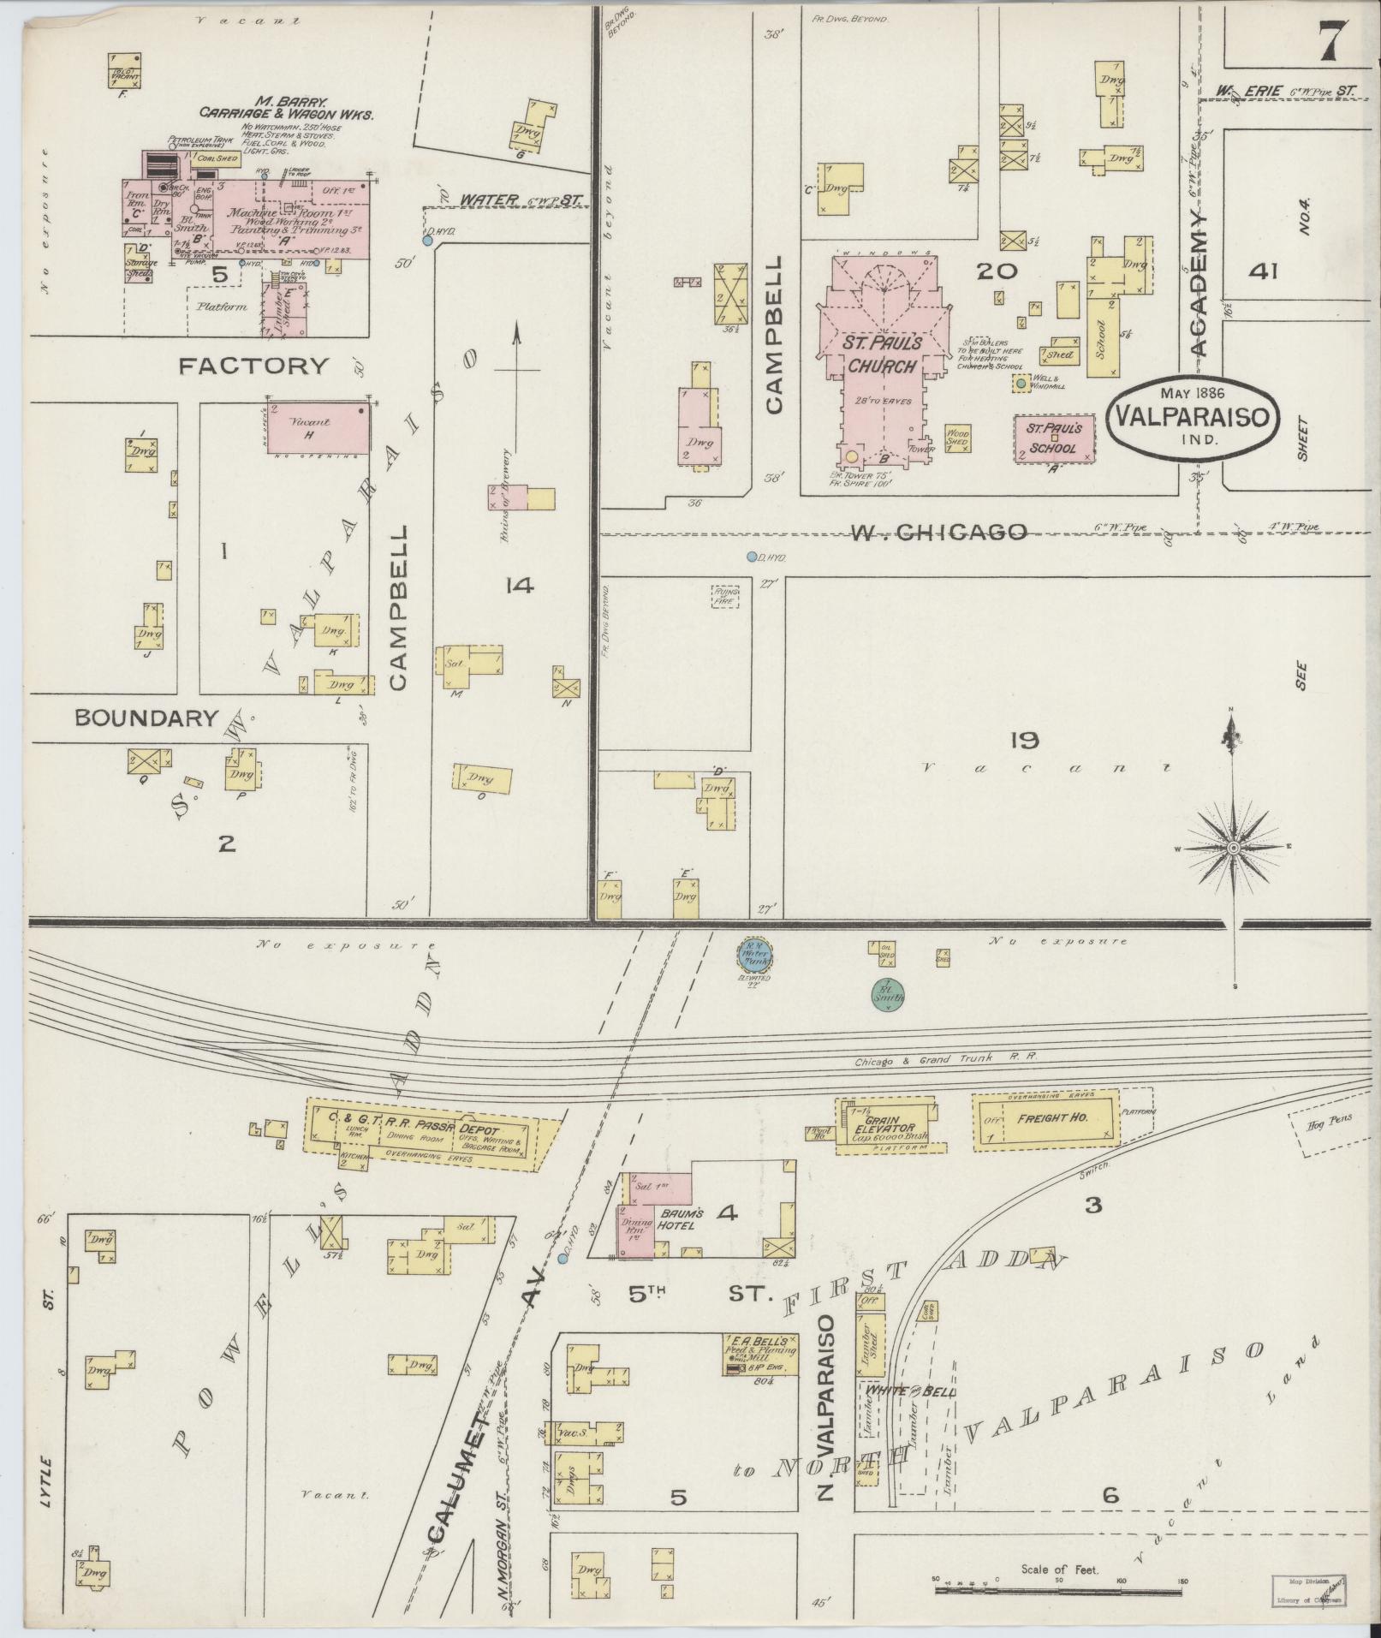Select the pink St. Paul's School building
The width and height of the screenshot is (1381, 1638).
(1054, 438)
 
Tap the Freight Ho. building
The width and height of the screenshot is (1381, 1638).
(1046, 1117)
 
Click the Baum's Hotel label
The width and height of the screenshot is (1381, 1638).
(681, 1219)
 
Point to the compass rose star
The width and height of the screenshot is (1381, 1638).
(1234, 848)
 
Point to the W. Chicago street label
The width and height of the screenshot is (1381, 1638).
(938, 532)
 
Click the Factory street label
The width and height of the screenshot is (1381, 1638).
(253, 366)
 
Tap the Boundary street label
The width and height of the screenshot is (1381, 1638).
(146, 718)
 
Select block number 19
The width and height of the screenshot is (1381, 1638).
(1023, 740)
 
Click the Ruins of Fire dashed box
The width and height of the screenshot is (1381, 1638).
(724, 596)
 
